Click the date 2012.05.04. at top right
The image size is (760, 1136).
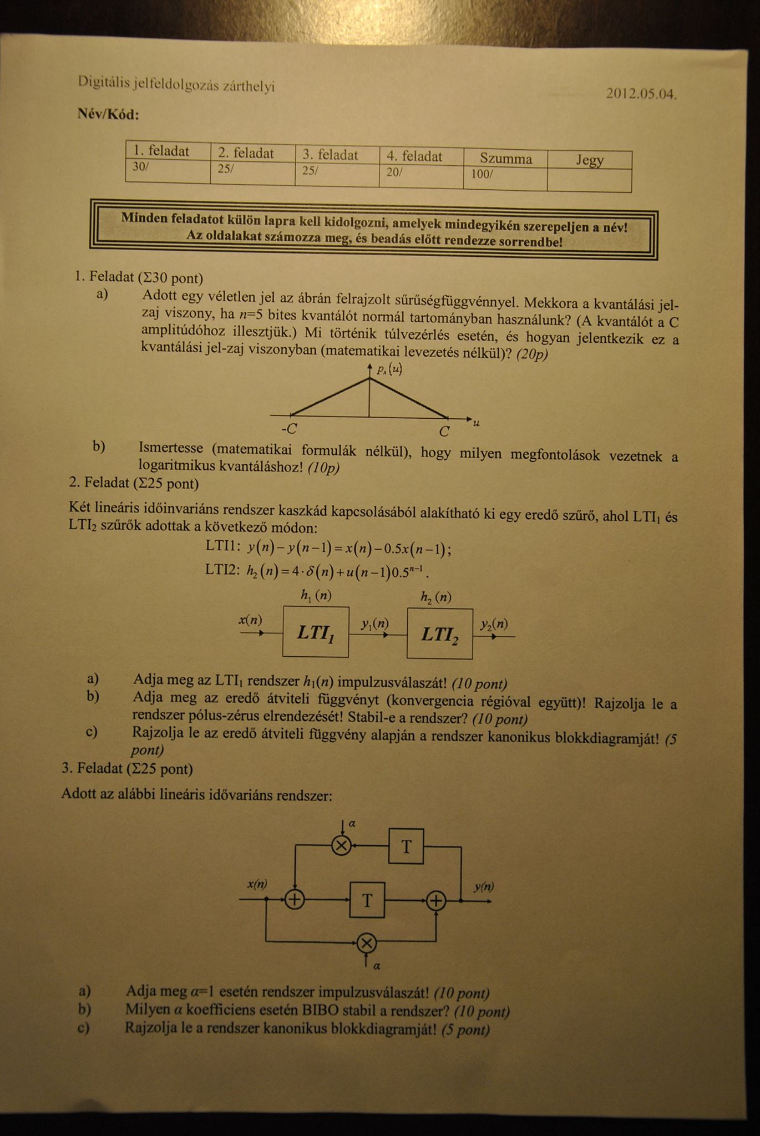641,94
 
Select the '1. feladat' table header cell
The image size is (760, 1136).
161,151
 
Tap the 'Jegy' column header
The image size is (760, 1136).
589,160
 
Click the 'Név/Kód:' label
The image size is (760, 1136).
109,115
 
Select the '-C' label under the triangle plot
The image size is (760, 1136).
289,429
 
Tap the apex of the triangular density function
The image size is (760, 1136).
369,379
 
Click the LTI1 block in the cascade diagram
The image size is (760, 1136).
316,632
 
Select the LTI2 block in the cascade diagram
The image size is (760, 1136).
440,633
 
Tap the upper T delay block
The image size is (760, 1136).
406,846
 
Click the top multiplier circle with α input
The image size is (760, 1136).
341,846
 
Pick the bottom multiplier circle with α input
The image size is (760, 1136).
366,942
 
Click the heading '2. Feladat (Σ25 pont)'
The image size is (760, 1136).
134,483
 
